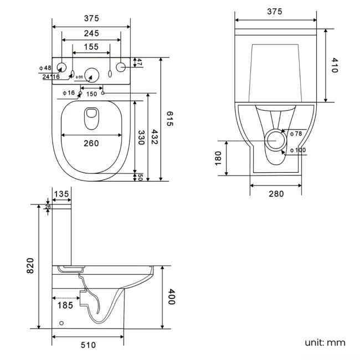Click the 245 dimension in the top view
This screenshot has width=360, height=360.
point(91,33)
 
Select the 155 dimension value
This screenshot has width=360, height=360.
point(91,47)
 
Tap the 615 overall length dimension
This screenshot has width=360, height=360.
point(169,119)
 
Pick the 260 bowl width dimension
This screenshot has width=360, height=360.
point(91,143)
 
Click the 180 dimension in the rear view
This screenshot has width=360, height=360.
point(218,158)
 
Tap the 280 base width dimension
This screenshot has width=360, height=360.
point(276,193)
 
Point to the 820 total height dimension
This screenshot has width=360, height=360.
point(31,265)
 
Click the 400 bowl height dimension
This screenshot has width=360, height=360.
point(171,297)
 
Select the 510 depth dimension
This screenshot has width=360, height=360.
point(88,345)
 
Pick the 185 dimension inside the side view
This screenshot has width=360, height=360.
point(65,304)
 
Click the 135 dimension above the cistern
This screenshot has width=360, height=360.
point(61,193)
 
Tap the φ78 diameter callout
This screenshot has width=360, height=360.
point(296,133)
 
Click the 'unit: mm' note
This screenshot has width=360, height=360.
point(325,342)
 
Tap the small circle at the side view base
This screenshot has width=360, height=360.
point(61,323)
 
